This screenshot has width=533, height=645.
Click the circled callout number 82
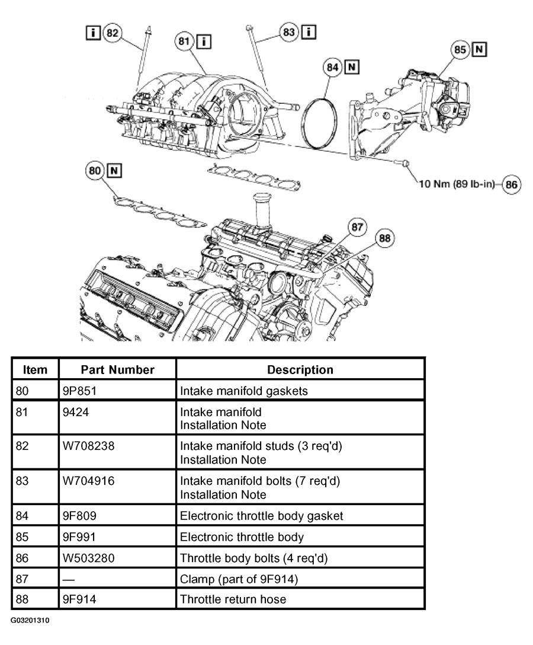point(112,33)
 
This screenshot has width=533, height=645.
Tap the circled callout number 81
point(184,41)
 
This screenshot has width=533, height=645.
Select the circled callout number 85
point(460,50)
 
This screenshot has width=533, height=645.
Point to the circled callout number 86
point(511,184)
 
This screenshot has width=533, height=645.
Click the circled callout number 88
point(384,238)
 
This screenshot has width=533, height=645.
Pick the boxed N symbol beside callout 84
point(352,66)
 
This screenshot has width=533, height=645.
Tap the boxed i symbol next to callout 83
point(309,31)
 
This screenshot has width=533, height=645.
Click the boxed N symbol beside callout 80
point(114,170)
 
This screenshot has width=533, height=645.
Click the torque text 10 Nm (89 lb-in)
point(456,184)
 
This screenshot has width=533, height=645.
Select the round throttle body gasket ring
point(303,123)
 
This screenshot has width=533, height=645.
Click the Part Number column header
point(117,369)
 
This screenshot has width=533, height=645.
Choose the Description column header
point(300,369)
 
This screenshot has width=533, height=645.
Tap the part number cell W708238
point(88,446)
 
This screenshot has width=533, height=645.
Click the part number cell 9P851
point(79,390)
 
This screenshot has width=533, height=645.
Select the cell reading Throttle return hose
point(233,599)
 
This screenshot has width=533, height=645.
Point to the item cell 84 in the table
point(22,515)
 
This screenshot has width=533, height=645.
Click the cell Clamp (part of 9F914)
point(239,579)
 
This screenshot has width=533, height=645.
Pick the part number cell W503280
point(88,558)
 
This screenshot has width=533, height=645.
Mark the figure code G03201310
point(30,620)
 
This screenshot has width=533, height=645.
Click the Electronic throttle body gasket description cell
point(261,515)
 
